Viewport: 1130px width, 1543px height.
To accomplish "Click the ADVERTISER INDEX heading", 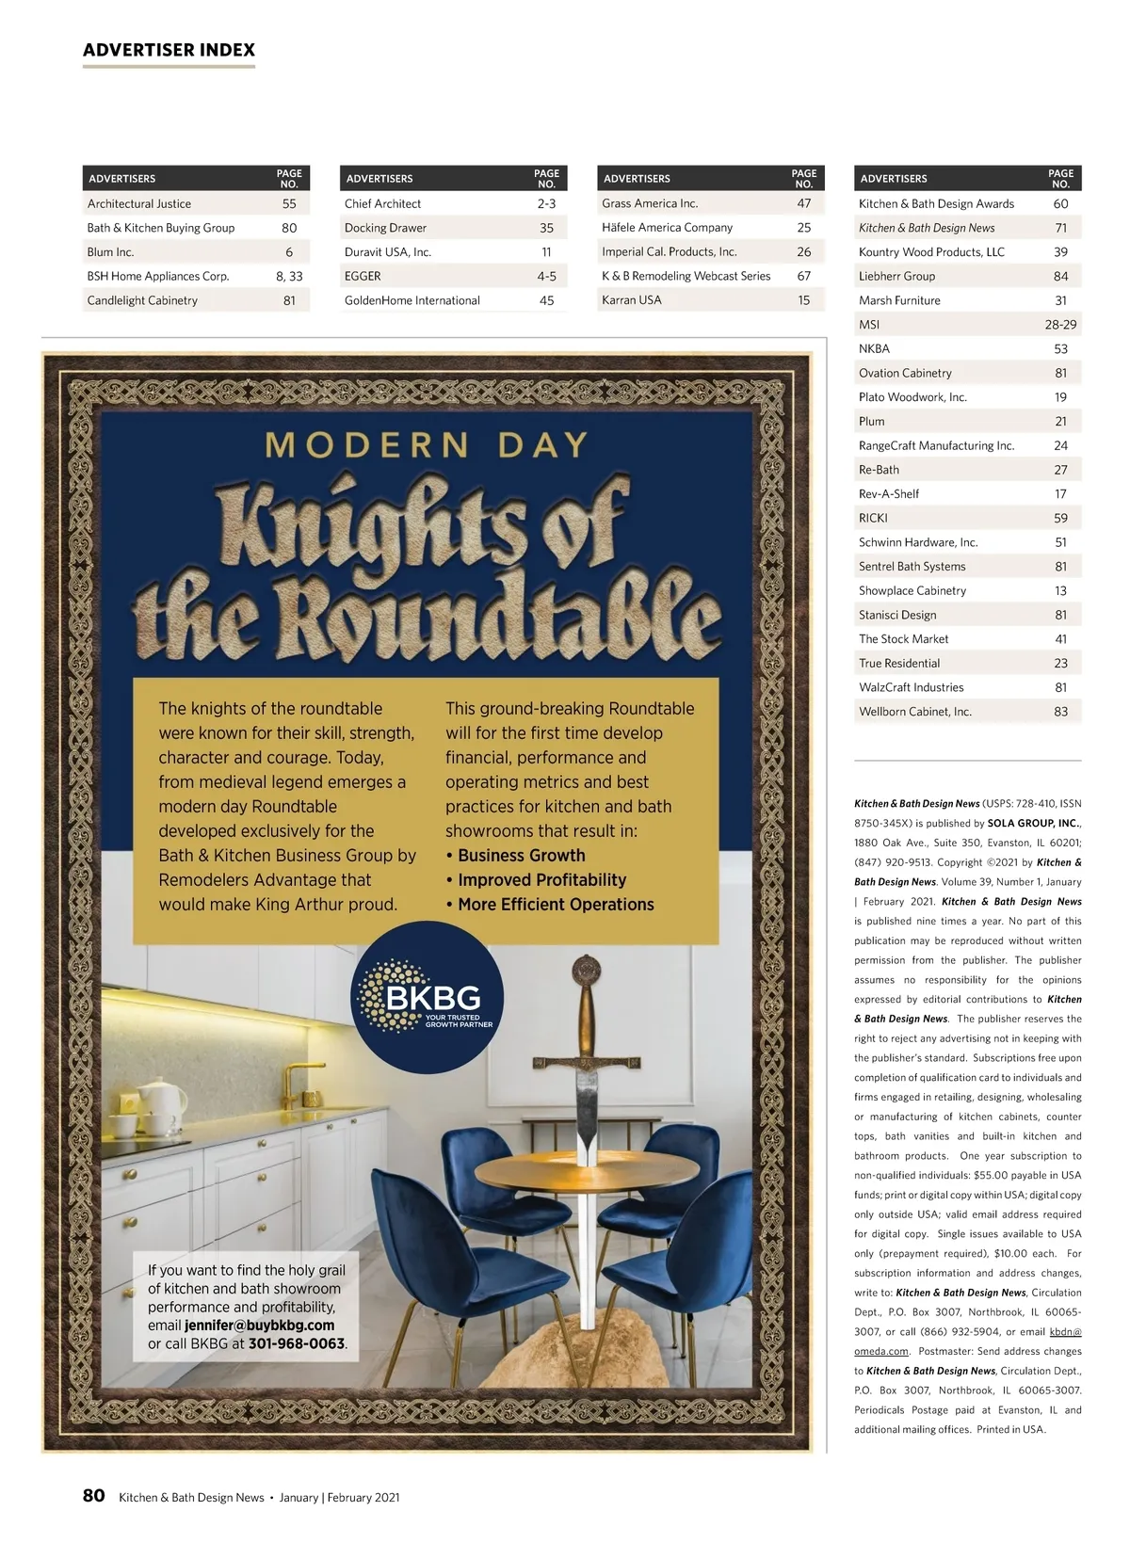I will (x=169, y=50).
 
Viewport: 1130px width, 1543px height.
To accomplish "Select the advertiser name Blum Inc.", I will (x=110, y=252).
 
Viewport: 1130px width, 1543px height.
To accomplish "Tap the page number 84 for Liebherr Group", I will (x=1060, y=277).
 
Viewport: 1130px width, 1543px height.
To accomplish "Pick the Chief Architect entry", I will (x=382, y=203).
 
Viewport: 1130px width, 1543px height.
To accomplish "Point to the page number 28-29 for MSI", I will (x=1060, y=325).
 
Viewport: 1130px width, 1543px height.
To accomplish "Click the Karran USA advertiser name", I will (x=631, y=300).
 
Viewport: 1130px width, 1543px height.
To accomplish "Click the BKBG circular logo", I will (x=428, y=999).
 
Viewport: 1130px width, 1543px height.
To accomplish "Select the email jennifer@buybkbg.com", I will (x=259, y=1326).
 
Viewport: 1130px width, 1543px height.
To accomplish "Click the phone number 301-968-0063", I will (x=296, y=1343).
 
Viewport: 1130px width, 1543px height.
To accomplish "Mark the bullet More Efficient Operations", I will (x=556, y=905).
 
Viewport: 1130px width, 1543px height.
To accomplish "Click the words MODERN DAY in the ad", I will (x=427, y=444).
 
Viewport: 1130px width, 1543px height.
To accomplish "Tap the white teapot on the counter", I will (x=162, y=1102).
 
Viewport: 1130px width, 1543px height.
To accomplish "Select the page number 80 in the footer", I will (x=93, y=1496).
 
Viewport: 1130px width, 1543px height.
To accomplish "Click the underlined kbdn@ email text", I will (x=1065, y=1332).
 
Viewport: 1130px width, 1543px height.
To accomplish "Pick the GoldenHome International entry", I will (x=412, y=301).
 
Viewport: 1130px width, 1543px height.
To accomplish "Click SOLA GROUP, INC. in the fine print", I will (x=1033, y=823).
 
